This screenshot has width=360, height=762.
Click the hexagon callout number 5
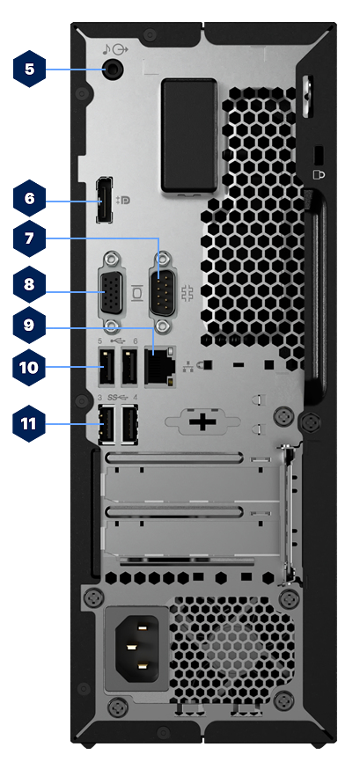[x=30, y=69]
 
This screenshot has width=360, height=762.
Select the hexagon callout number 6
[x=30, y=200]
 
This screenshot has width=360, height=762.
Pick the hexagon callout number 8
[x=30, y=285]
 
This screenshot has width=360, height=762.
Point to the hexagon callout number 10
[x=30, y=366]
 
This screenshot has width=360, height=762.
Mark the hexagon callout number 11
[x=30, y=423]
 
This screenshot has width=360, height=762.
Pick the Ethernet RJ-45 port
[x=160, y=366]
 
